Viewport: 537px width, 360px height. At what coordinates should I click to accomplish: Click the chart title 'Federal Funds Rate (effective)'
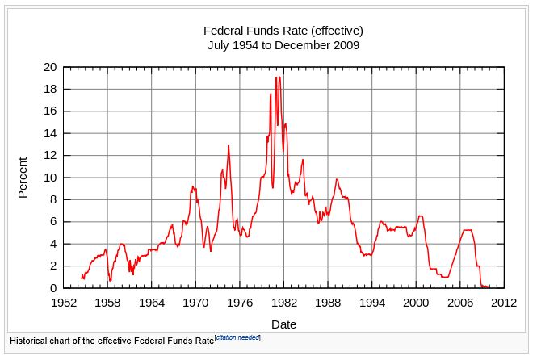pos(283,31)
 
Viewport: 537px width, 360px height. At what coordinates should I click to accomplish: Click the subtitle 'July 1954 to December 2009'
pos(283,45)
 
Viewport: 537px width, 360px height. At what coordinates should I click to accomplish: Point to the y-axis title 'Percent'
pos(23,178)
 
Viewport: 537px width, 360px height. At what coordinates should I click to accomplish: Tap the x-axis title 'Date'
pos(283,324)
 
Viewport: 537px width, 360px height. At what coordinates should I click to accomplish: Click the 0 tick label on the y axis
pos(52,288)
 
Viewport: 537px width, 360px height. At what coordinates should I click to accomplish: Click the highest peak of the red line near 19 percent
pos(276,77)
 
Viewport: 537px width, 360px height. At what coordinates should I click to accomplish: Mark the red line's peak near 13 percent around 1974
pos(229,146)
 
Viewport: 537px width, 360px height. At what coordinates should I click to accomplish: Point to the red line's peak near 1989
pos(337,179)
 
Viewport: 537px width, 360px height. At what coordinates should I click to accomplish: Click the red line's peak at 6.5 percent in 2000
pos(420,216)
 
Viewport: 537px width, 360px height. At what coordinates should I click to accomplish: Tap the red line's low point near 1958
pos(111,280)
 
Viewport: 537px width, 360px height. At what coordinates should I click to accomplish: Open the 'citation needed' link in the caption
pos(237,337)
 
